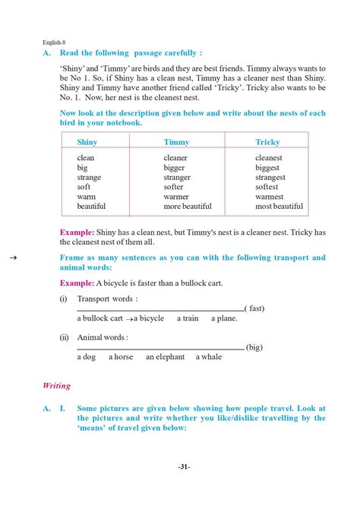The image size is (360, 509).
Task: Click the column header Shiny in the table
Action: pos(87,142)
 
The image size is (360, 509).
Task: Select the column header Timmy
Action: pos(176,142)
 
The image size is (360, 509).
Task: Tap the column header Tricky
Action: pos(267,142)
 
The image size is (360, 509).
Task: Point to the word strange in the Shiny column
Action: pos(89,178)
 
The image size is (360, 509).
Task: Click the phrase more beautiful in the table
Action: pos(188,206)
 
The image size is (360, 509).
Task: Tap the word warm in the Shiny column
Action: pos(86,197)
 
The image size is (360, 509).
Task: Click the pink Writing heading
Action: pos(57,385)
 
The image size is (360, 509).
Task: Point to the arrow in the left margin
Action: pos(13,258)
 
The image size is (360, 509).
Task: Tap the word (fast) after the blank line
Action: pos(256,308)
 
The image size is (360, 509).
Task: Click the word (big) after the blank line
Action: pos(254,347)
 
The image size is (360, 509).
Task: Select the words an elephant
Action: pos(165,357)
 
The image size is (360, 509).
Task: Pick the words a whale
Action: pos(209,357)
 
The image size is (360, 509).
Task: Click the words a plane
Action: pos(224,318)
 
